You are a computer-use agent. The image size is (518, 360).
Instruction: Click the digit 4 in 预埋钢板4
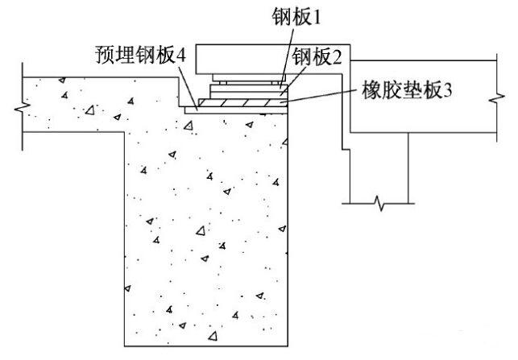(x=181, y=57)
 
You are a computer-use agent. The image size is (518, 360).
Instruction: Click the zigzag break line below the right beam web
(x=379, y=203)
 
